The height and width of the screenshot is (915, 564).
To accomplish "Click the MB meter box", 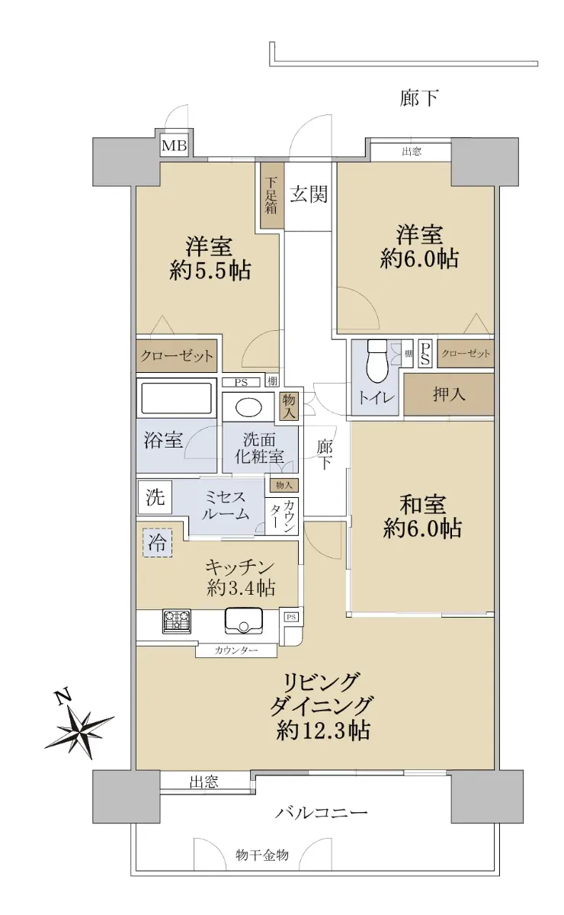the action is pyautogui.click(x=174, y=146).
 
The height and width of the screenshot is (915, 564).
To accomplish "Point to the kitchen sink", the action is pyautogui.click(x=243, y=621).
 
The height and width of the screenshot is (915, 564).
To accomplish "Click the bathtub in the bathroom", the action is pyautogui.click(x=176, y=398).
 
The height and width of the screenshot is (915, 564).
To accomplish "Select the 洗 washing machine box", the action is pyautogui.click(x=155, y=497).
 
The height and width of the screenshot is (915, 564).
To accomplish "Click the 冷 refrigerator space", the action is pyautogui.click(x=157, y=543).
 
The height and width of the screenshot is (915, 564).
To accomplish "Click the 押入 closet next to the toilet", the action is pyautogui.click(x=449, y=395).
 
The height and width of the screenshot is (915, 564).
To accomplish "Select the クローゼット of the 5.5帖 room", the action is pyautogui.click(x=176, y=356).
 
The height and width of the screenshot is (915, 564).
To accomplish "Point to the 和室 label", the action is pyautogui.click(x=422, y=504).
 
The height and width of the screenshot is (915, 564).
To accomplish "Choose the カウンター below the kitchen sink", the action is pyautogui.click(x=236, y=650).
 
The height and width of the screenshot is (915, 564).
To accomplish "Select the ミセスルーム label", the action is pyautogui.click(x=226, y=505).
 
